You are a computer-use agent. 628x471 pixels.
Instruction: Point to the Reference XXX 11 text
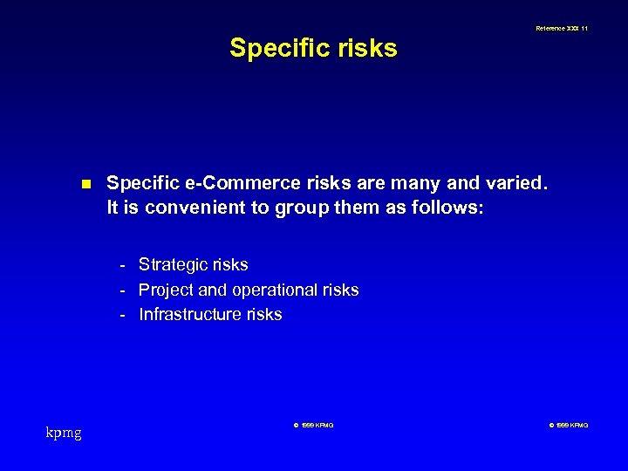563,29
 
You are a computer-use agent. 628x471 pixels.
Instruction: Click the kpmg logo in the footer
64,432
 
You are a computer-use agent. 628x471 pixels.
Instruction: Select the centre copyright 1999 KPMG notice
313,426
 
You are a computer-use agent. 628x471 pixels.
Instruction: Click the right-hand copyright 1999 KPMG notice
569,426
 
